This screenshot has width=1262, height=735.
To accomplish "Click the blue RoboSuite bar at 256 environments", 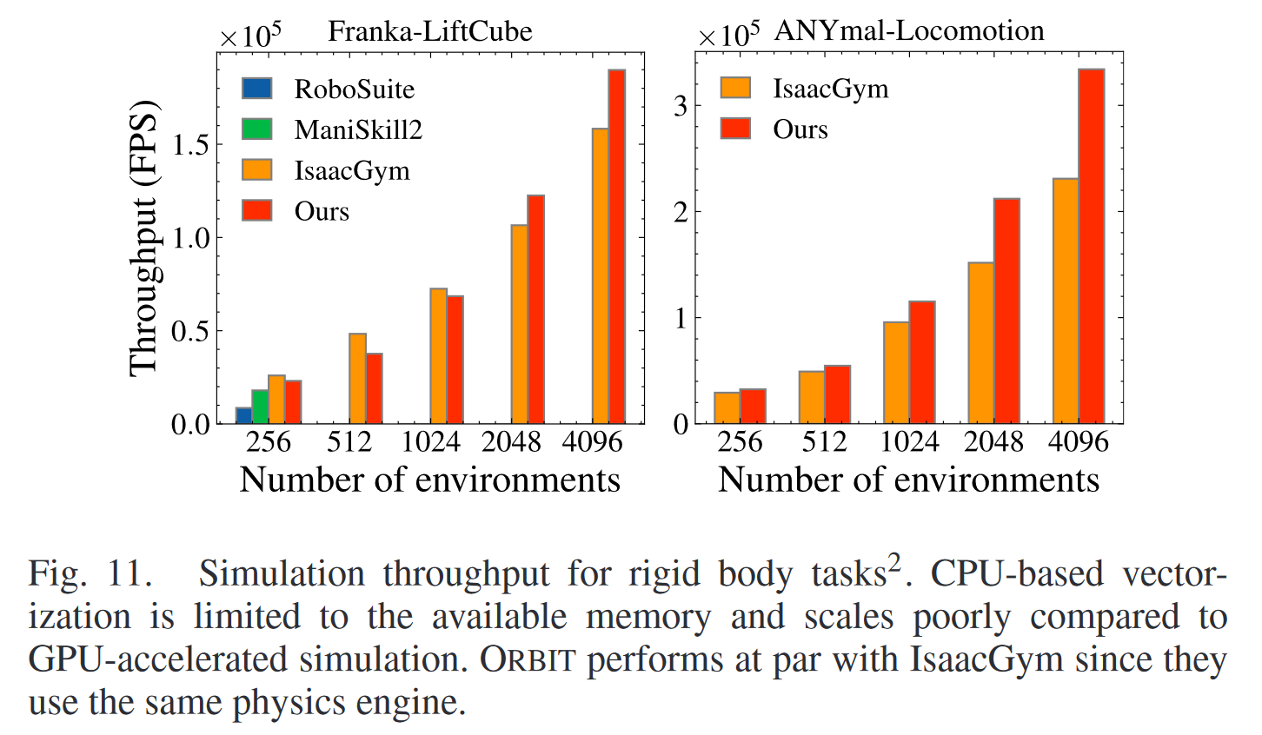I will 243,415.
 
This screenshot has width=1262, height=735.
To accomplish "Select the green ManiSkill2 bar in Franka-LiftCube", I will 260,407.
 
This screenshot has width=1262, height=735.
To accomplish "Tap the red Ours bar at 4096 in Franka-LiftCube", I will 616,247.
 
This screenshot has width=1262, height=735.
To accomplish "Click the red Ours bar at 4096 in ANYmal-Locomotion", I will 1092,247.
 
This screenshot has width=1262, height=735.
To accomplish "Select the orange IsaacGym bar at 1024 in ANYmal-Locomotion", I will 896,373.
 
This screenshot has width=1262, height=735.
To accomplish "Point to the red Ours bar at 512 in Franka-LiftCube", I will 374,388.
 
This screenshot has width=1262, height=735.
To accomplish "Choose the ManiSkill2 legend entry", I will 331,129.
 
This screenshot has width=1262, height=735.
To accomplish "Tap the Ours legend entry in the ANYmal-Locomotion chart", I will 774,129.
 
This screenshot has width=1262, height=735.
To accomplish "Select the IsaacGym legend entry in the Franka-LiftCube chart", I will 325,170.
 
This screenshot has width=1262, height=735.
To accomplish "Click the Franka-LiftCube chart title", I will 429,32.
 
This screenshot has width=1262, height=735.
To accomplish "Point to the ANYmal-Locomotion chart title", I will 909,31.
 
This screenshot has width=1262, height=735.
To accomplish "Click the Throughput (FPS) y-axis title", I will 144,239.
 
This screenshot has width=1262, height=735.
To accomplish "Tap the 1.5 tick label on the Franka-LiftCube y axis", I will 190,145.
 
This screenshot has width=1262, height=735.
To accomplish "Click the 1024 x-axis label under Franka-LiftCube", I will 430,442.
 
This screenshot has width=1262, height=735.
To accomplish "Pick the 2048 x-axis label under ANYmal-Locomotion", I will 993,442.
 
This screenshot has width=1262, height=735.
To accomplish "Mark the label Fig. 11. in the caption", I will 90,574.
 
